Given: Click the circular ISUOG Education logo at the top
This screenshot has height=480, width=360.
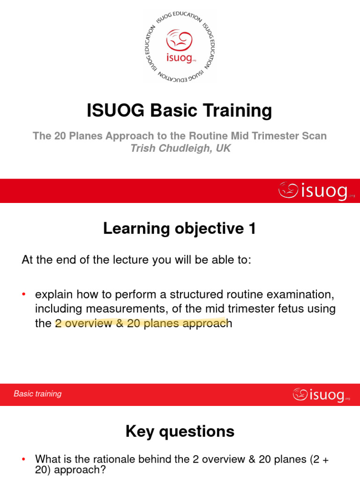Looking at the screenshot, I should [x=180, y=46].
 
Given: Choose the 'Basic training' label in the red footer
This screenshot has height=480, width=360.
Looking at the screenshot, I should [x=37, y=394].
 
